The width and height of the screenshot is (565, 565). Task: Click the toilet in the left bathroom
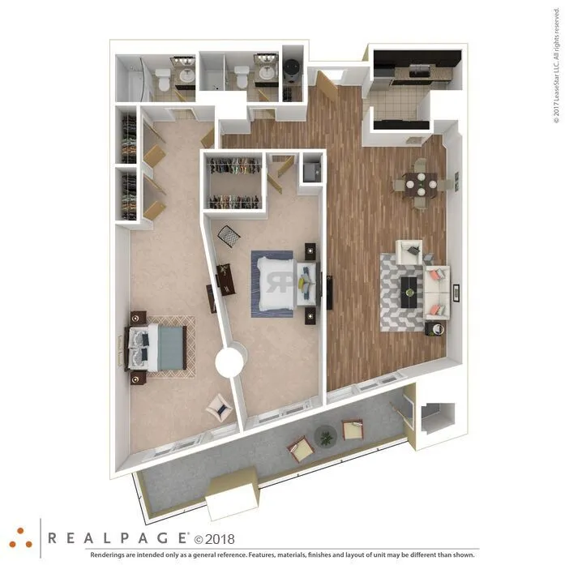[x=163, y=79]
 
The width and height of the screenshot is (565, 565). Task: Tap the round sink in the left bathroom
[x=186, y=75]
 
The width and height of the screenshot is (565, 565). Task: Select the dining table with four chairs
[x=420, y=184]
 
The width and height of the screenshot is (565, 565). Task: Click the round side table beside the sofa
[x=436, y=329]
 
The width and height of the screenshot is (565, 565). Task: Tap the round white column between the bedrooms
[x=232, y=361]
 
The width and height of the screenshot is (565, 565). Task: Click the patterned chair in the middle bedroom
[x=229, y=236]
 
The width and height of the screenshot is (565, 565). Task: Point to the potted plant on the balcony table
[x=326, y=437]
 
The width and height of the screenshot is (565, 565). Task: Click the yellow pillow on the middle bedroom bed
[x=303, y=283]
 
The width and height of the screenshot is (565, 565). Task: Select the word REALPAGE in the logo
[x=118, y=537]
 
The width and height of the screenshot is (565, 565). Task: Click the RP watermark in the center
[x=279, y=280]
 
